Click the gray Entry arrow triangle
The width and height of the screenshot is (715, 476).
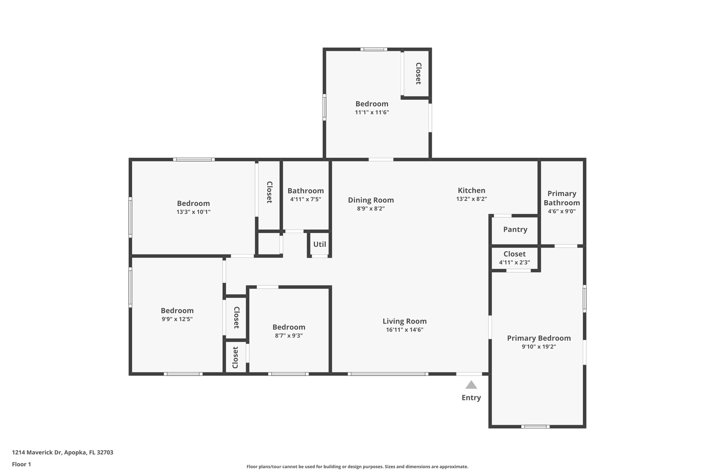pyautogui.click(x=471, y=385)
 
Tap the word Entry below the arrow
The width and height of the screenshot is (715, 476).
pyautogui.click(x=471, y=398)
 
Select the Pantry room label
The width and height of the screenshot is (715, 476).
pyautogui.click(x=515, y=229)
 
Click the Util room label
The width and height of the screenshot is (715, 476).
pyautogui.click(x=319, y=244)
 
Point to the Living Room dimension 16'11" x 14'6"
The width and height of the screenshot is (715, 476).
pyautogui.click(x=404, y=330)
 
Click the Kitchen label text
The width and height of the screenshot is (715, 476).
pyautogui.click(x=471, y=190)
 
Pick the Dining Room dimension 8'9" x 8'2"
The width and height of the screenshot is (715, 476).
pyautogui.click(x=370, y=209)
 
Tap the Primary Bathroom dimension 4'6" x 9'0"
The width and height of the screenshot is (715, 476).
pyautogui.click(x=561, y=211)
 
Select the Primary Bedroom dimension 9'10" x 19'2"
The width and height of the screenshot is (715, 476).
pyautogui.click(x=539, y=347)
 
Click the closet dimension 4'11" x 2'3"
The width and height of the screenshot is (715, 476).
pyautogui.click(x=514, y=263)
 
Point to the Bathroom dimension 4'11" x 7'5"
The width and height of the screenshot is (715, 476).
pyautogui.click(x=305, y=199)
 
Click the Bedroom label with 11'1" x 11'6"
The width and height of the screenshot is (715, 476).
pyautogui.click(x=372, y=104)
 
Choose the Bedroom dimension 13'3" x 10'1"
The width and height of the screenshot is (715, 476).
pyautogui.click(x=193, y=212)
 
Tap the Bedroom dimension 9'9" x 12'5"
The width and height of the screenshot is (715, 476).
pyautogui.click(x=177, y=319)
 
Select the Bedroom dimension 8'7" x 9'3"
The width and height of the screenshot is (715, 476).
pyautogui.click(x=289, y=336)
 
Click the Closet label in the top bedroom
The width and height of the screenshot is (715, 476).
pyautogui.click(x=418, y=74)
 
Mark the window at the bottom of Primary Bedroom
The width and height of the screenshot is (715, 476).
pyautogui.click(x=535, y=426)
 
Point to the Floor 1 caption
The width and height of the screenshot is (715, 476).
pyautogui.click(x=21, y=464)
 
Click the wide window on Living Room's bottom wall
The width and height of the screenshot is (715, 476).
pyautogui.click(x=388, y=374)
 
